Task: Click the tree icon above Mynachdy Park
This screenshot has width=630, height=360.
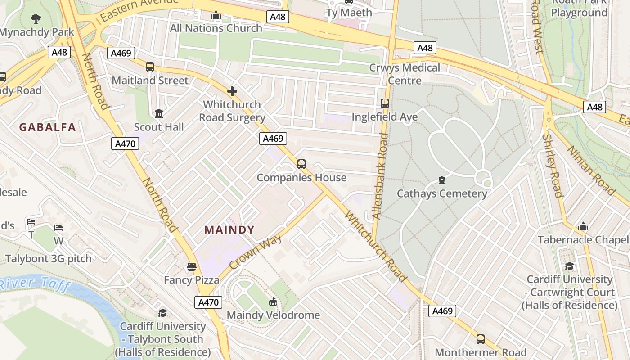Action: point(36,19)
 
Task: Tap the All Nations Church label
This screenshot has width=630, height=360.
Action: point(216,28)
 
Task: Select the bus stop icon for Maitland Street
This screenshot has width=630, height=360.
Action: point(150,67)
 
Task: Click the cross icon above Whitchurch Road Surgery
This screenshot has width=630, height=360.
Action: point(232,92)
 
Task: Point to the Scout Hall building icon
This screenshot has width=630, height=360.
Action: point(159,114)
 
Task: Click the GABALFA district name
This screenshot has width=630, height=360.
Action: point(47,127)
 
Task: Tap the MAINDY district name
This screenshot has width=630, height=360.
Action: point(229,230)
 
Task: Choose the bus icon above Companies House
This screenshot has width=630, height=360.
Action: point(301,164)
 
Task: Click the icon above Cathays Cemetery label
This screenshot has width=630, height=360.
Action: point(442,181)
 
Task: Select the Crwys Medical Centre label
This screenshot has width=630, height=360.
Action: point(405,74)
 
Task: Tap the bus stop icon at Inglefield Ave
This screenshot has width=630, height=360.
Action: point(385,103)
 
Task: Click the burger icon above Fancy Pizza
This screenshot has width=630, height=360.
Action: point(192,267)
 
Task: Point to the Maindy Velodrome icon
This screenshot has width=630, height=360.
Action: point(273,302)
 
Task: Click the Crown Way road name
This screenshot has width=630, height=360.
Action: point(256,251)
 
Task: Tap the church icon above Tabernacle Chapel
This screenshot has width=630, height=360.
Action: point(584,226)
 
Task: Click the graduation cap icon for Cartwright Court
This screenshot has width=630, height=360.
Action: point(570,266)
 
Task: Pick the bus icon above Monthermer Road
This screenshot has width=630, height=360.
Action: point(481,339)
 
